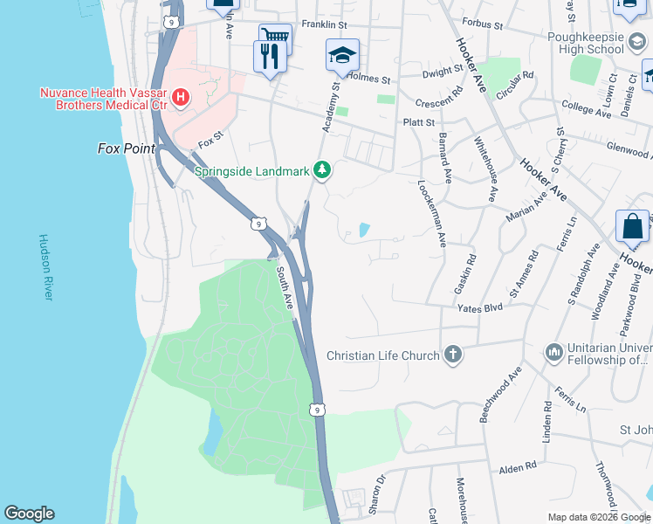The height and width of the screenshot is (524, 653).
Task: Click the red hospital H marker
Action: (x=180, y=96)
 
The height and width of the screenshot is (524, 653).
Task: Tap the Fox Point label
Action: (x=126, y=149)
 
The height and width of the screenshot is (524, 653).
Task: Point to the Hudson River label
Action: (x=46, y=268)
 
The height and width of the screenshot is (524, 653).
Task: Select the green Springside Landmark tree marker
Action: (x=322, y=170)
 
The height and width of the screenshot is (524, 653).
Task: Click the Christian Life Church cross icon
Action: (x=451, y=355)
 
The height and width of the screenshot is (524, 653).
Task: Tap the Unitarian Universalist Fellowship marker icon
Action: (x=553, y=352)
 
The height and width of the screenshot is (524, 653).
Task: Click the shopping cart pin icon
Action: (x=274, y=37)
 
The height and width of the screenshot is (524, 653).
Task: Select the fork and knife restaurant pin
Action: (x=269, y=57)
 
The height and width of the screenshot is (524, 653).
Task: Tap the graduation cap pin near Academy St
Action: (x=341, y=54)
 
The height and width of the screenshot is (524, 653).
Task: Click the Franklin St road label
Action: (x=325, y=24)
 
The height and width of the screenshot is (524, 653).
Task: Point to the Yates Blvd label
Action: (x=481, y=307)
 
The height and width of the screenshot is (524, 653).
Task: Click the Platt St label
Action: (x=418, y=123)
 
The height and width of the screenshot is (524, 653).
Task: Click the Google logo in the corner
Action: (x=29, y=514)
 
